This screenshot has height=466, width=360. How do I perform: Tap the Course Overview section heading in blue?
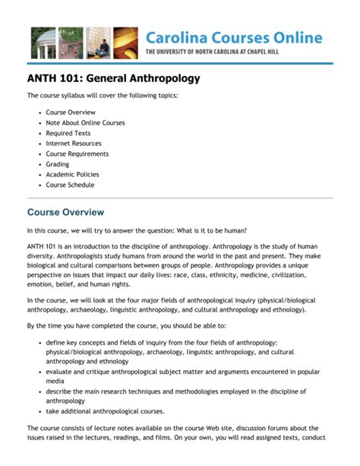(65, 212)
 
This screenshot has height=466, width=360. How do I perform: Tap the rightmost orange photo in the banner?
(125, 43)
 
